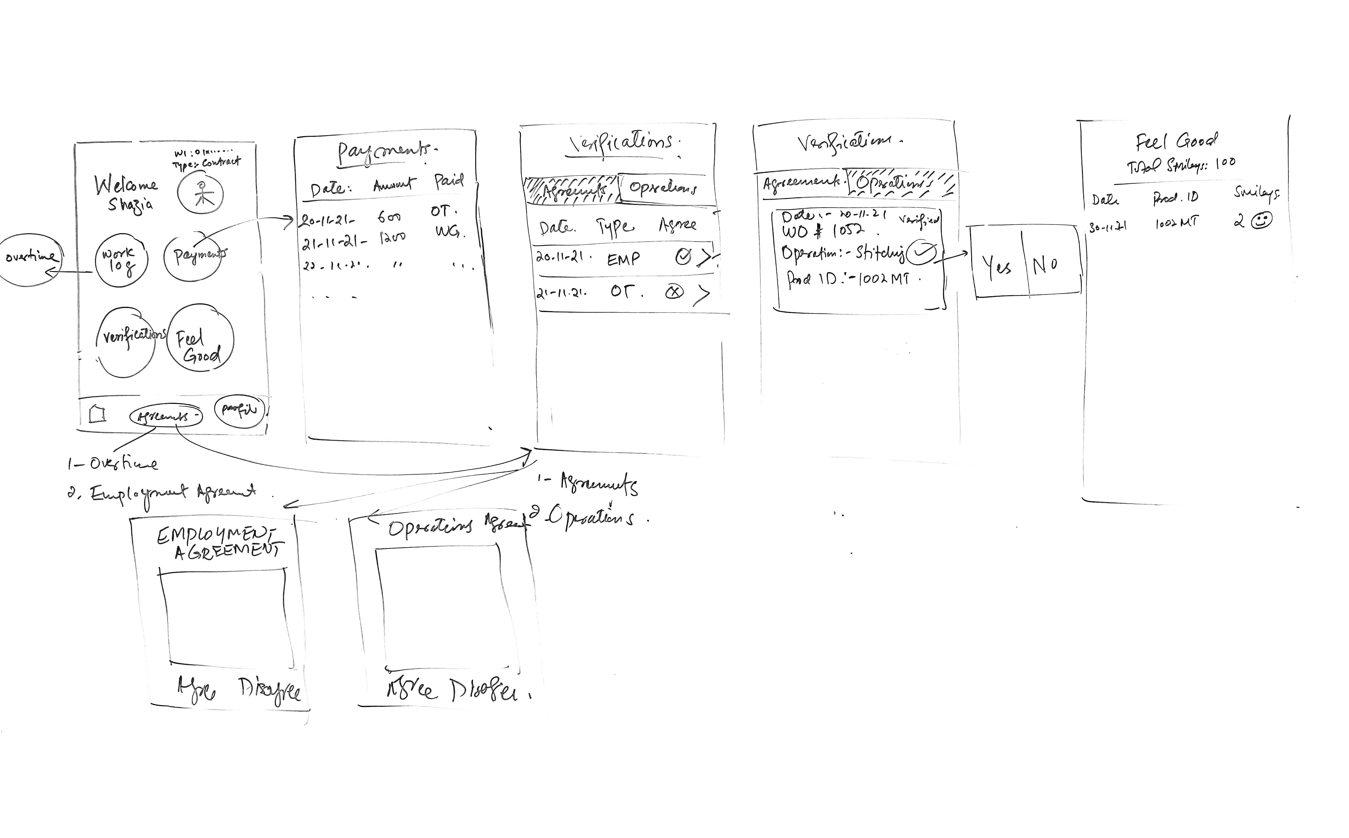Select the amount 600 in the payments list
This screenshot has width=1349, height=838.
[x=389, y=217]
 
